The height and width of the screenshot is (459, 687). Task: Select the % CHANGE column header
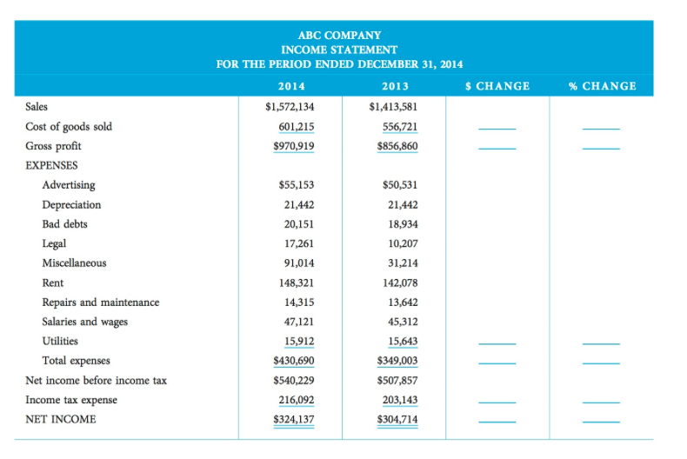point(602,86)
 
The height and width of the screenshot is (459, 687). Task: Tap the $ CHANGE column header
point(497,86)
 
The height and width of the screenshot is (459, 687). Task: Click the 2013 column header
point(395,86)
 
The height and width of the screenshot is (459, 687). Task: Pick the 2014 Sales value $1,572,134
point(290,107)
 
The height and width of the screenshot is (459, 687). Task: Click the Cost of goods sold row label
point(69,127)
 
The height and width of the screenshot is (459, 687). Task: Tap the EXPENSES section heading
point(51,165)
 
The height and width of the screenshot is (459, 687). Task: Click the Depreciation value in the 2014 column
point(298,205)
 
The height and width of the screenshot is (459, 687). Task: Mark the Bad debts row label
point(64,224)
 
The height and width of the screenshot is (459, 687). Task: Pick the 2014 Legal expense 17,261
point(298,243)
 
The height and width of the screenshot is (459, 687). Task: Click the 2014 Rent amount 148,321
point(296,283)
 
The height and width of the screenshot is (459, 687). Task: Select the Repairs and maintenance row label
point(100,303)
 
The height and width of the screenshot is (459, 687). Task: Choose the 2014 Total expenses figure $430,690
point(293,360)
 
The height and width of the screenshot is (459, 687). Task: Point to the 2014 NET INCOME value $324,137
point(293,419)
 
